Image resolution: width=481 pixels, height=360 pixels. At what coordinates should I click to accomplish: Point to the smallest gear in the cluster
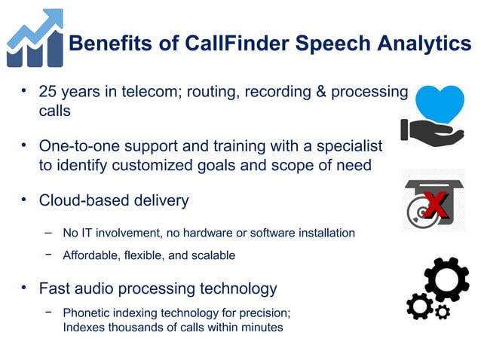tap(443, 311)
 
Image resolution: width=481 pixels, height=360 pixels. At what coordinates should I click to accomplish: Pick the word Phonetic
tap(87, 313)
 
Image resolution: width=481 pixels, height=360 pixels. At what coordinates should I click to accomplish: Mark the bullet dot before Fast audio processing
tap(24, 287)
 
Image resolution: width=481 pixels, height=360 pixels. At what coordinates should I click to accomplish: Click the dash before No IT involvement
tap(48, 232)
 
